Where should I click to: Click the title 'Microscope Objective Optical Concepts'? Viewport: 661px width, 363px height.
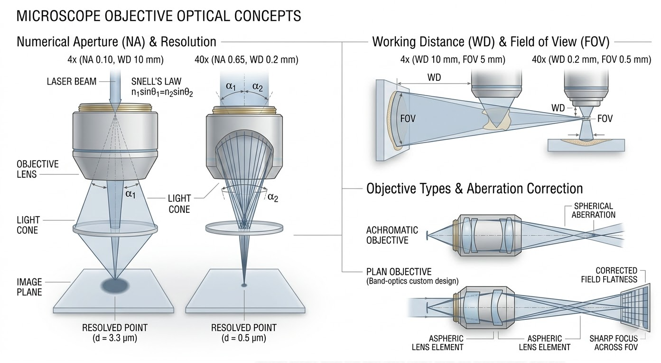pos(158,16)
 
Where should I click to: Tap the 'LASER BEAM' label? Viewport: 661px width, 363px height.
pos(71,81)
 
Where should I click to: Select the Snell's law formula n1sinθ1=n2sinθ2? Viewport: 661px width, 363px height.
pos(162,93)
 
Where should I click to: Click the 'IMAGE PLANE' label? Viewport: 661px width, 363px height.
pos(29,287)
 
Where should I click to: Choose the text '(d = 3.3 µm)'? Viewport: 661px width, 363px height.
pos(115,338)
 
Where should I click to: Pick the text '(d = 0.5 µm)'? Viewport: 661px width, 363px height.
pos(243,338)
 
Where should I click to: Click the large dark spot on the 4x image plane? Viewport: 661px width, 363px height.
pos(115,285)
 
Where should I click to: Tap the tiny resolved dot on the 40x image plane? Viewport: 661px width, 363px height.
pos(244,285)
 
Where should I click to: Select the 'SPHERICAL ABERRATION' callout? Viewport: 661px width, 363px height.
pos(593,210)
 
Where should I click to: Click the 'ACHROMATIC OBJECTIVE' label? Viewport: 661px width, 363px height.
pos(392,235)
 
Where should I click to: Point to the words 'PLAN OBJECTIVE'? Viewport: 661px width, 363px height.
pos(399,272)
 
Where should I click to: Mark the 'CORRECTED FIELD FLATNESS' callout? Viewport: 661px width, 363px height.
pos(609,275)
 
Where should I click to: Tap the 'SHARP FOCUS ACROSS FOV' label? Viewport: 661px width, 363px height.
pos(614,343)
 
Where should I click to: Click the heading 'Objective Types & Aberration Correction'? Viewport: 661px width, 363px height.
pos(474,189)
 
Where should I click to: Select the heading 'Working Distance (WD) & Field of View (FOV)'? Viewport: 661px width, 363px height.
pos(490,42)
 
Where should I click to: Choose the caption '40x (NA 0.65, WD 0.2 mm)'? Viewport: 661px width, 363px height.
pos(242,60)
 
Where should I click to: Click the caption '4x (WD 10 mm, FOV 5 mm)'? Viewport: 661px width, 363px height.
pos(453,60)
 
